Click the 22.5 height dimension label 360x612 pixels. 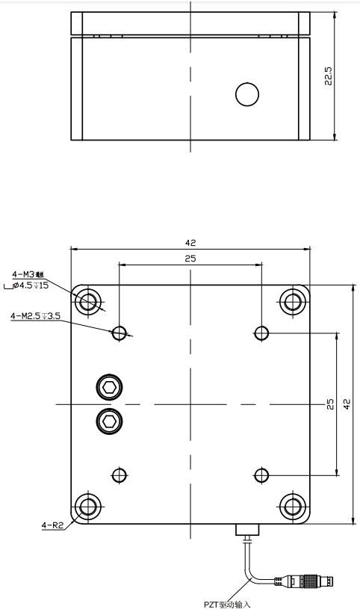[x=329, y=75]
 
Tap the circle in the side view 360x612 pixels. [x=246, y=94]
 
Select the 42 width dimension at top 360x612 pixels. [x=190, y=243]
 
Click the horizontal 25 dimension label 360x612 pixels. [x=190, y=259]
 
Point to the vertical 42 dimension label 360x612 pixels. [x=347, y=404]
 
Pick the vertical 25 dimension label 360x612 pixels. [x=329, y=404]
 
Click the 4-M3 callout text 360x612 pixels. [x=28, y=273]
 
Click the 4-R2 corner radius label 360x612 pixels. [x=52, y=525]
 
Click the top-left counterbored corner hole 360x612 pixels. [x=89, y=302]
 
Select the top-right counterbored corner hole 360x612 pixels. [x=292, y=302]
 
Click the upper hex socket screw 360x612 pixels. [x=110, y=387]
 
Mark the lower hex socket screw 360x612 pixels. [x=110, y=421]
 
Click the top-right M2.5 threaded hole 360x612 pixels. [x=261, y=333]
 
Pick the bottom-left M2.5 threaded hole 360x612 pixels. [x=119, y=475]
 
